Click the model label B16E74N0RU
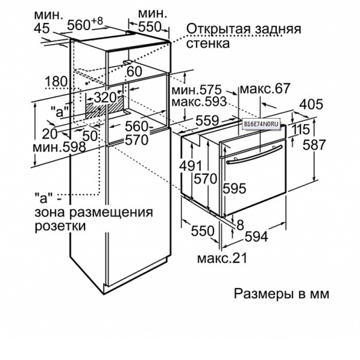click(x=261, y=125)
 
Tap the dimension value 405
click(x=311, y=104)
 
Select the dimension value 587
click(x=314, y=144)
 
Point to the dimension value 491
click(x=190, y=166)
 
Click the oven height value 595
click(x=234, y=188)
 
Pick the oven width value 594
click(x=256, y=237)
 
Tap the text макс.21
click(x=222, y=258)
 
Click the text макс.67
click(x=265, y=89)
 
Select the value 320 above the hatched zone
click(x=105, y=98)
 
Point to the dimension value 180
click(x=56, y=81)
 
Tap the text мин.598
click(x=59, y=147)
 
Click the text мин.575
click(x=197, y=90)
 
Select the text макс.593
click(x=199, y=102)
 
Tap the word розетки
click(x=60, y=226)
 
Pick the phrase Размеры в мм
click(x=282, y=294)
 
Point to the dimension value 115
click(x=301, y=130)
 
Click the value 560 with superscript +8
click(x=85, y=24)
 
